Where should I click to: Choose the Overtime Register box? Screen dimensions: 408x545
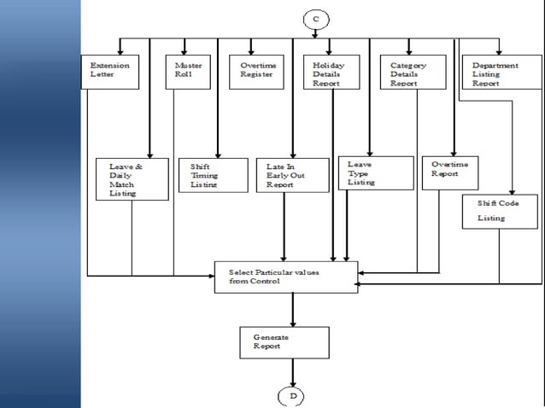(257, 72)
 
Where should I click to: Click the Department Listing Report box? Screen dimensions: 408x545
(501, 72)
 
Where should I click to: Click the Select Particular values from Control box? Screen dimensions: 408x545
(286, 277)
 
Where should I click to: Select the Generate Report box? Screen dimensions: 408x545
(284, 342)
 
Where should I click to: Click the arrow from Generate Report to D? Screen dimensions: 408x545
(292, 372)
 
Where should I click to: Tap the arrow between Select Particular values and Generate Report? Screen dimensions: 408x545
(292, 310)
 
